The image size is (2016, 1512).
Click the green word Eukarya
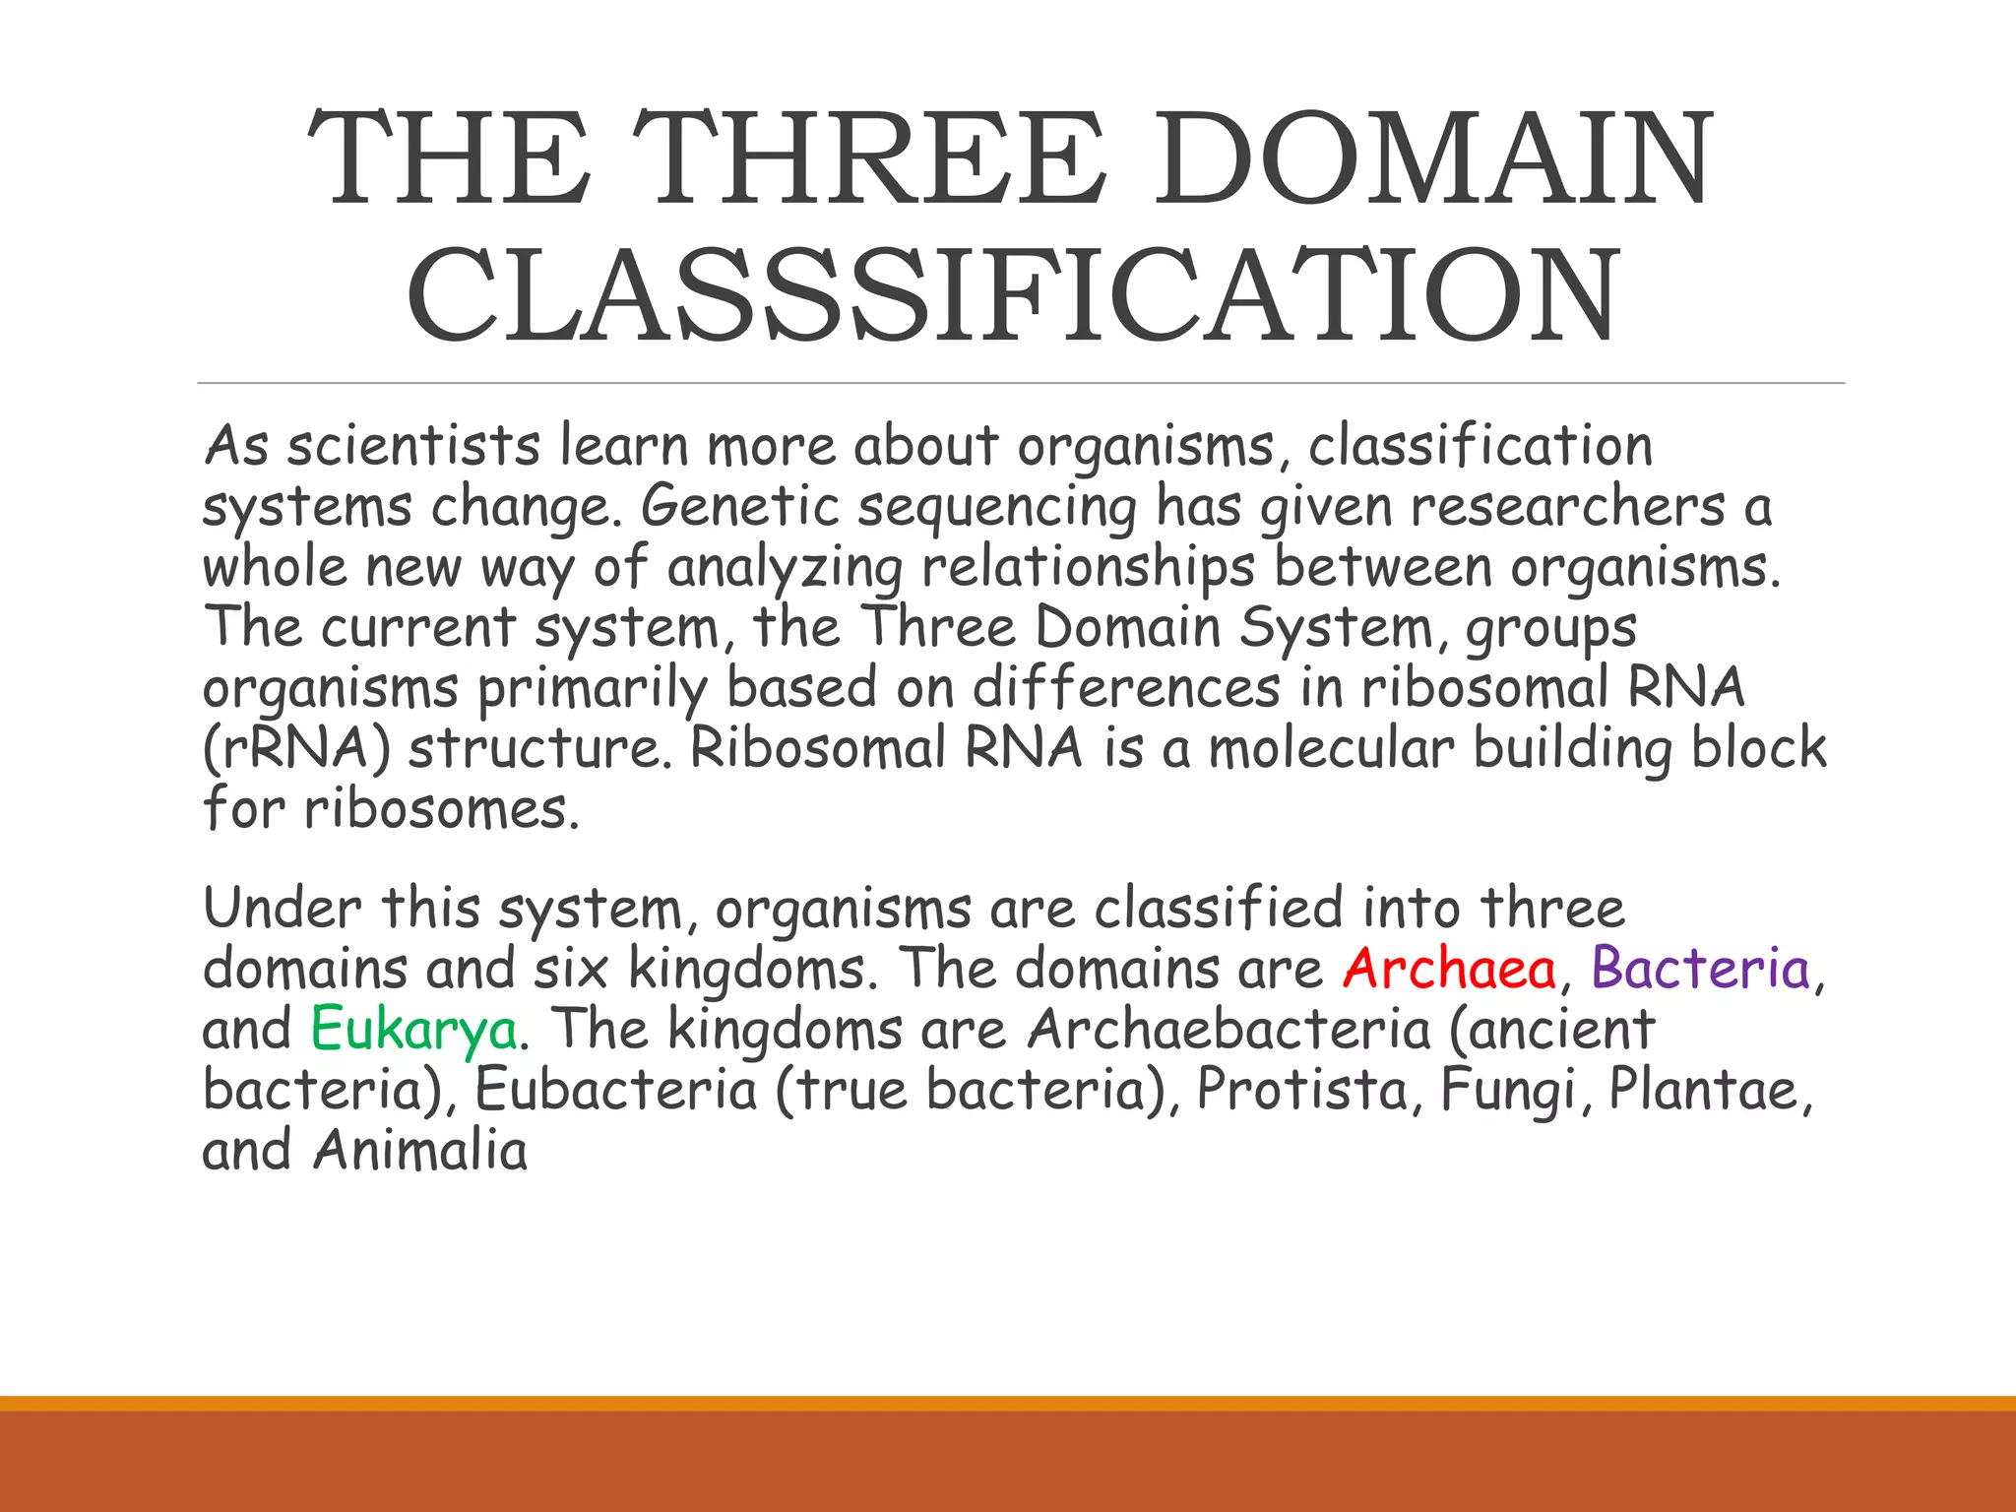pos(413,1030)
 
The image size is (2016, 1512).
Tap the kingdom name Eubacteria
pos(616,1091)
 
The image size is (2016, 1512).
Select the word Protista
pos(1303,1091)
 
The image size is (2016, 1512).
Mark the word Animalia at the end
pos(420,1151)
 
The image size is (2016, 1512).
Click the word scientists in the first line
pos(413,446)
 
